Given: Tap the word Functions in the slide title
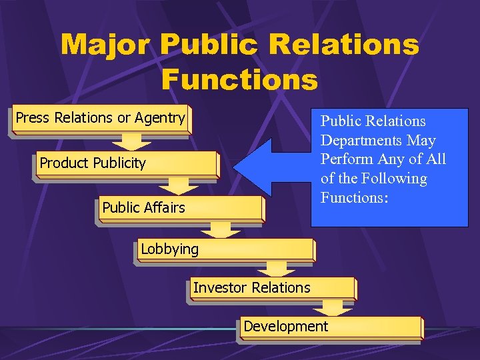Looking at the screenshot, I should coord(239,79).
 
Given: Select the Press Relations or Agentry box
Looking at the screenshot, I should coord(101,118).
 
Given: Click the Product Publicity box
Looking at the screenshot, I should coord(127,164).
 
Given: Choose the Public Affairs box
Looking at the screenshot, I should coord(180,207).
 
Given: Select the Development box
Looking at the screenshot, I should coord(330,327).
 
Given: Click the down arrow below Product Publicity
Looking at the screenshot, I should coord(178,186).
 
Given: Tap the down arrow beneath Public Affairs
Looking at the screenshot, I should coord(225,229).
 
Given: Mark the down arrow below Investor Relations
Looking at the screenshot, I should coord(333,307).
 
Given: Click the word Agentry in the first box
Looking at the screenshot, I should coord(160,118).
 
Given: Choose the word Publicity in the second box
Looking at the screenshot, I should coord(119,163).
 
